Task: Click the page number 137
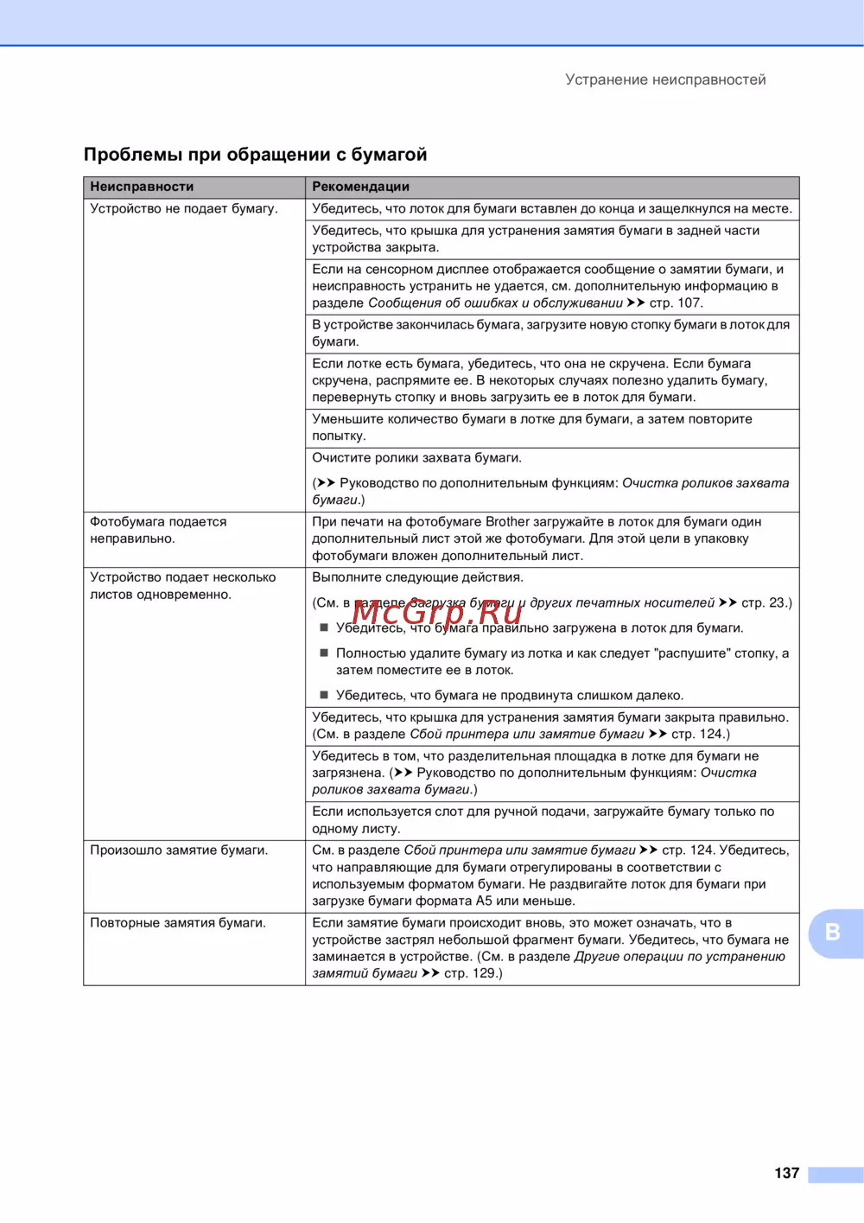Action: point(786,1173)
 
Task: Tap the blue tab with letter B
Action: point(834,933)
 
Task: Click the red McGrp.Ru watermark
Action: point(437,611)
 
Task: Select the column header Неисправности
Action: point(142,187)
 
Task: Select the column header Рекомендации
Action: point(360,187)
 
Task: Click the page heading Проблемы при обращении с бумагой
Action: point(255,155)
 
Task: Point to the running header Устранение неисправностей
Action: point(665,80)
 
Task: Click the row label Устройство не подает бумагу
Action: point(184,208)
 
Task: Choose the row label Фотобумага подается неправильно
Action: point(158,530)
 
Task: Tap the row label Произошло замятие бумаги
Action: point(179,850)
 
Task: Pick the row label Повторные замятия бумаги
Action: point(178,923)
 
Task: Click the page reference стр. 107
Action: point(676,303)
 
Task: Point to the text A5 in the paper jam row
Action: point(484,901)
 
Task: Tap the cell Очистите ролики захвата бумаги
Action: point(416,458)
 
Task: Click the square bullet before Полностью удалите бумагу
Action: point(324,653)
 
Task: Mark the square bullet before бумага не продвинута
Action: point(324,695)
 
